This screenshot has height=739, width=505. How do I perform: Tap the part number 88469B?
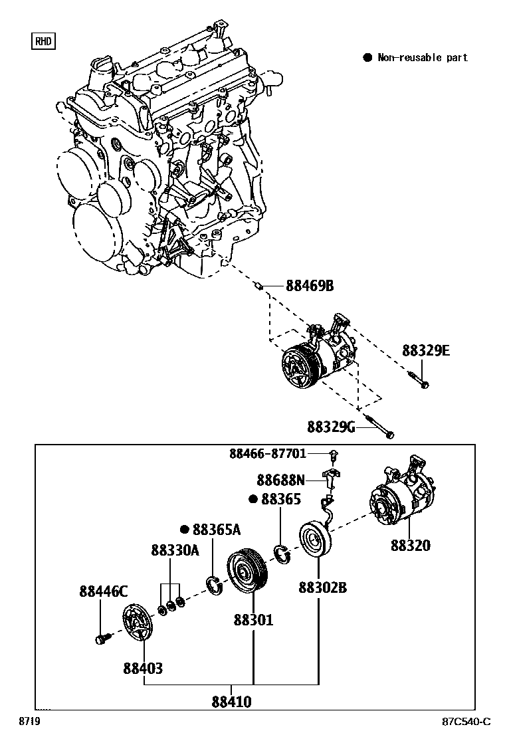[x=309, y=286]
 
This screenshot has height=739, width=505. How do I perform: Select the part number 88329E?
[x=425, y=350]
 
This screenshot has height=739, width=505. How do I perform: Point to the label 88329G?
[x=331, y=426]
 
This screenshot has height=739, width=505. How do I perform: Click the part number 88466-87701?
[x=268, y=454]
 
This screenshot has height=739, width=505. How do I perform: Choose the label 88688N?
[x=280, y=479]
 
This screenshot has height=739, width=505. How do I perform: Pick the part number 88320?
[x=410, y=546]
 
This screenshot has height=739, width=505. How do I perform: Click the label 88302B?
[x=322, y=587]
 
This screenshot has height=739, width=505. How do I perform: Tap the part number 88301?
[x=253, y=620]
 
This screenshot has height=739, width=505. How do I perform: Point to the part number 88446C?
[x=103, y=591]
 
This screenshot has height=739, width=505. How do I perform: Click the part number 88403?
[x=142, y=668]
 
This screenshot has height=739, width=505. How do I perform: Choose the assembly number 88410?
[x=232, y=702]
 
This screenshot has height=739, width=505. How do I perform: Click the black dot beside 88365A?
[x=185, y=530]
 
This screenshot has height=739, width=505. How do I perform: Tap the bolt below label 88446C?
[x=101, y=639]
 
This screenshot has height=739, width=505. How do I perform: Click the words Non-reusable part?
[x=423, y=58]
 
